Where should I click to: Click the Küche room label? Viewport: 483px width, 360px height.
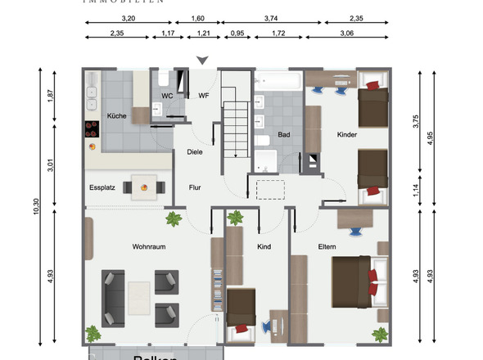tap(116, 116)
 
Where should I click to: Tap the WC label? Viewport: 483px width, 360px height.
tap(167, 96)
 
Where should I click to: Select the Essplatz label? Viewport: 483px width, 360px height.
tap(102, 187)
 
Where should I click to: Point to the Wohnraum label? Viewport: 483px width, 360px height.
tap(149, 245)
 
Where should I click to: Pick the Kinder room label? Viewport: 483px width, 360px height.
tap(347, 134)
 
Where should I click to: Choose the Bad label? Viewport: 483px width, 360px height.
tap(284, 134)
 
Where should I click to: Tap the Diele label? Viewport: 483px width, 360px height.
tap(195, 151)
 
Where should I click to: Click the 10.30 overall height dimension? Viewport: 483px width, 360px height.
tap(35, 205)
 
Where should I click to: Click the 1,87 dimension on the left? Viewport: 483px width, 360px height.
tap(50, 96)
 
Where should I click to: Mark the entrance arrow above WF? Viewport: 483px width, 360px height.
tap(203, 60)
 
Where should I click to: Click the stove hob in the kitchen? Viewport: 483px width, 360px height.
tap(92, 128)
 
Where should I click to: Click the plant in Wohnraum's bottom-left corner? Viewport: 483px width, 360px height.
tap(93, 333)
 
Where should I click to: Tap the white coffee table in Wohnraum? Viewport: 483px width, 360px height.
tap(139, 298)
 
